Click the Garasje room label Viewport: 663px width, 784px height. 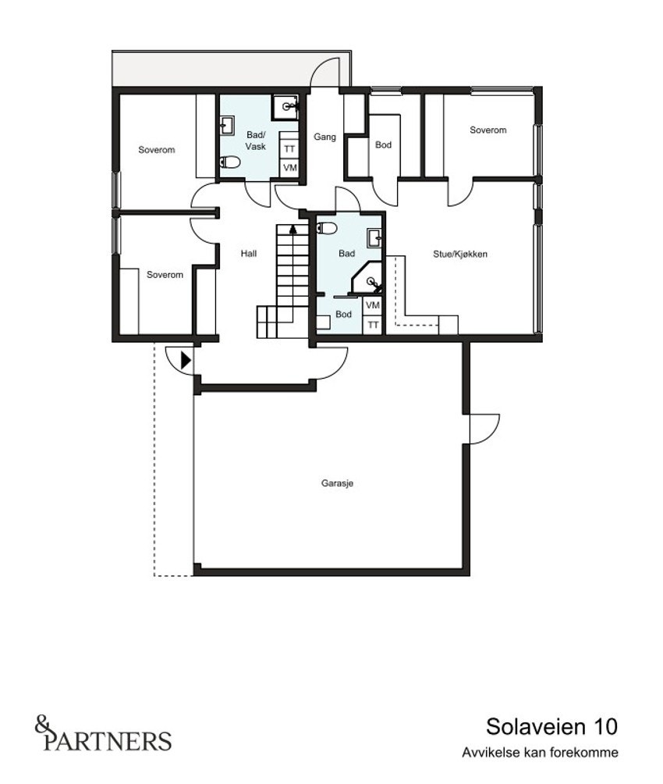[x=338, y=483]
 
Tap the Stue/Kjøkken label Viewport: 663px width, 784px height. [x=460, y=254]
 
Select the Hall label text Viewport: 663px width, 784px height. [x=248, y=254]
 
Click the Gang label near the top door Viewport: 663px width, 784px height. [x=324, y=137]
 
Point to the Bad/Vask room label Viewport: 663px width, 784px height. [x=256, y=141]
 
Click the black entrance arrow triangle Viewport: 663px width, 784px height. [x=185, y=360]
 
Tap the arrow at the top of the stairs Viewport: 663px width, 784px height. [x=293, y=230]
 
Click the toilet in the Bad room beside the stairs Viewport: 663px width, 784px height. [x=327, y=228]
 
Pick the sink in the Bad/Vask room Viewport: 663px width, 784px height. [x=228, y=125]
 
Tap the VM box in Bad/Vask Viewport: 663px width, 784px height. [x=289, y=168]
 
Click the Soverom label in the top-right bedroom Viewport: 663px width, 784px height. [x=487, y=130]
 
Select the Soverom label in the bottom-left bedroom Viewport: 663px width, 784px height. [x=165, y=275]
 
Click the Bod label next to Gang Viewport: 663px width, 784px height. [x=383, y=145]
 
